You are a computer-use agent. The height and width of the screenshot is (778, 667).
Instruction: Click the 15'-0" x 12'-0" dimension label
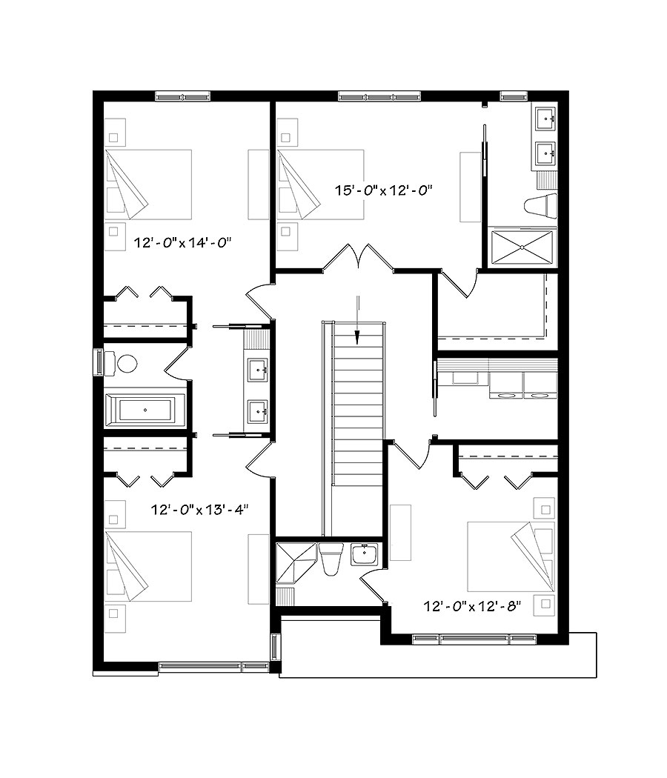click(x=383, y=190)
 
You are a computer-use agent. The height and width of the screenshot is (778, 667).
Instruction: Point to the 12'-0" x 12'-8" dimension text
click(x=473, y=606)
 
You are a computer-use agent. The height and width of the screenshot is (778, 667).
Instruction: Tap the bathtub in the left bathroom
click(x=145, y=409)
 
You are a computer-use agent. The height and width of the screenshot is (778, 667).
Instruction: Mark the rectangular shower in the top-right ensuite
click(x=522, y=245)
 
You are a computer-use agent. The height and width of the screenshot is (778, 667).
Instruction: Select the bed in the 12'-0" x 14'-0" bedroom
click(x=149, y=184)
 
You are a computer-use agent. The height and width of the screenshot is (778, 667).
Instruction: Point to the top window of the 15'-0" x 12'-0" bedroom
click(x=379, y=96)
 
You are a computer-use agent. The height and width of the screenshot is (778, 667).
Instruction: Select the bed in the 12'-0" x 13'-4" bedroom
click(x=149, y=566)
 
